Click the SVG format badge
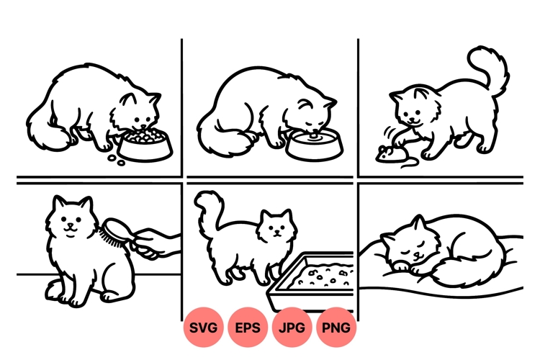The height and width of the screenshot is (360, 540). pyautogui.click(x=204, y=328)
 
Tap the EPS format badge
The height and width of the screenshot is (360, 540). pyautogui.click(x=248, y=328)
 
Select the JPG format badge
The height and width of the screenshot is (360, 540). pyautogui.click(x=292, y=328)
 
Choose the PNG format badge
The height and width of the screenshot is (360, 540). pyautogui.click(x=336, y=328)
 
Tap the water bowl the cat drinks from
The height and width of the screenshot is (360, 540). pyautogui.click(x=314, y=143)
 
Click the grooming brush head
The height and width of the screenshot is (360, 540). pyautogui.click(x=114, y=232)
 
